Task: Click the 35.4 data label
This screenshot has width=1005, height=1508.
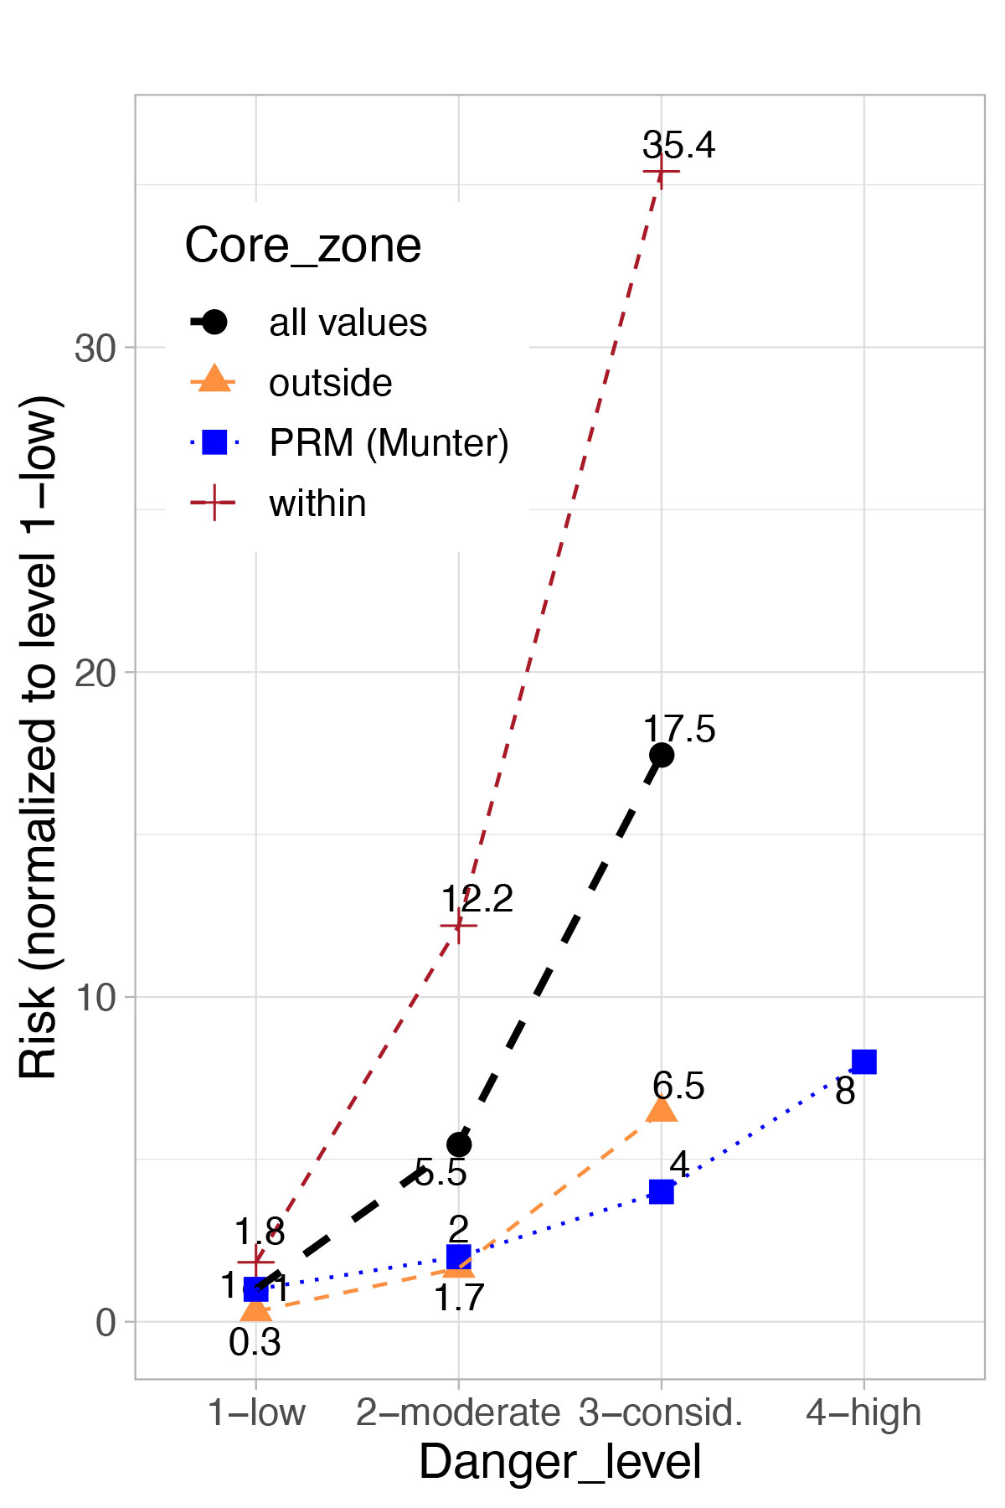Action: point(678,145)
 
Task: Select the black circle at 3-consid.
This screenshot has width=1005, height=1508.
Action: point(662,755)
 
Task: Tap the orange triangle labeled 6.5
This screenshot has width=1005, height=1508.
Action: point(662,1109)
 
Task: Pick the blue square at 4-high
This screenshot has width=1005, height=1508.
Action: point(863,1061)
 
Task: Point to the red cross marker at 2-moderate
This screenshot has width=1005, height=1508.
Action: point(458,925)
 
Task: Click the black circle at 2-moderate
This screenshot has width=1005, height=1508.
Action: point(459,1144)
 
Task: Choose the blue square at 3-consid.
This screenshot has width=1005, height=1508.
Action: point(662,1191)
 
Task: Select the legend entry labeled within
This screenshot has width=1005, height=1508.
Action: point(317,504)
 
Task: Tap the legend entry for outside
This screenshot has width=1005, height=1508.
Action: point(330,383)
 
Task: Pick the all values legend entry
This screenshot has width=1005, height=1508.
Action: point(348,323)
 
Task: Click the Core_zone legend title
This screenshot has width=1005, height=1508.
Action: point(302,245)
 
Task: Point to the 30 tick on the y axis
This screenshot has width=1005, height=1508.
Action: point(95,348)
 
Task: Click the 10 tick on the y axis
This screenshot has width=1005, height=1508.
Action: point(95,997)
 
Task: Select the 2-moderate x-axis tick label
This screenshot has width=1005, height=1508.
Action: point(457,1412)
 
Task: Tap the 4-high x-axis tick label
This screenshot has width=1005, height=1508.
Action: point(863,1412)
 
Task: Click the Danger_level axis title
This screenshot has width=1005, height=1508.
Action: point(559,1463)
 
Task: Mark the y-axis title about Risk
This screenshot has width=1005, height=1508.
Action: point(39,737)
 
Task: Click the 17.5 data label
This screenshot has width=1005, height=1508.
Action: point(678,729)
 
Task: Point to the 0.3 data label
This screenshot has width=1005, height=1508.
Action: point(255,1343)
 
